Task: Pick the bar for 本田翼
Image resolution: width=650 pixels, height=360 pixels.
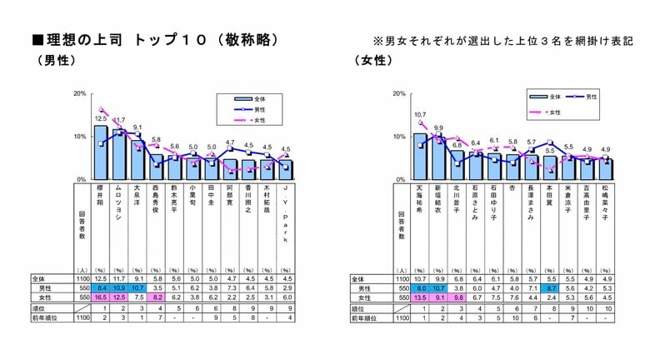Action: tap(549, 167)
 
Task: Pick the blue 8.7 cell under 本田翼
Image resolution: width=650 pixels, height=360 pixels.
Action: tap(549, 287)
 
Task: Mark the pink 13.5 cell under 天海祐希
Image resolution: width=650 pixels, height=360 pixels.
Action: tap(420, 297)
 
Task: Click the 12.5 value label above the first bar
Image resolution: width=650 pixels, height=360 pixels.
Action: tap(100, 119)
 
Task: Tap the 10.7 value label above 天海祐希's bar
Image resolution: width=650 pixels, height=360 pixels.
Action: tap(420, 114)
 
